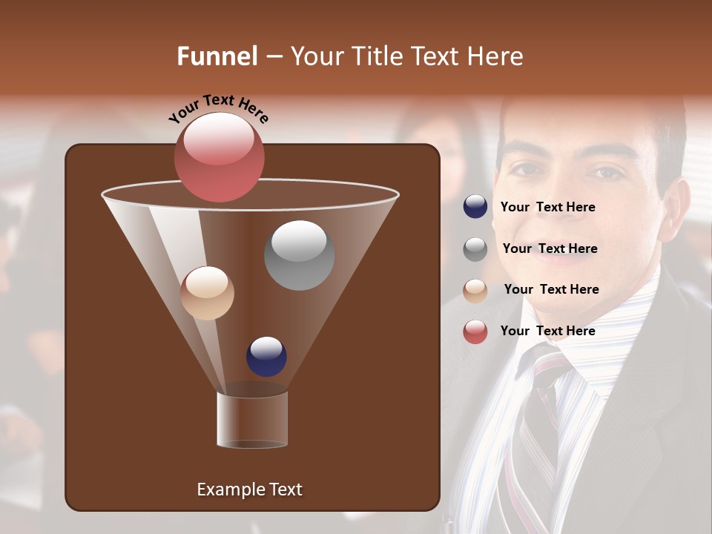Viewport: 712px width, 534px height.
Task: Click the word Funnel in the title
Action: (x=217, y=56)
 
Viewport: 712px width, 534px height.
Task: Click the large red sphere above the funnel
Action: (x=219, y=156)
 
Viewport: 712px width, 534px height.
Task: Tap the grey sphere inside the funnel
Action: (x=299, y=255)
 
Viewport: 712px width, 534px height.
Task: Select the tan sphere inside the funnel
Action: (x=207, y=293)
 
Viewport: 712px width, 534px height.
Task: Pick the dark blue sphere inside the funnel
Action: (x=266, y=357)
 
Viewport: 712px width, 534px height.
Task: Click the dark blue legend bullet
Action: (x=475, y=207)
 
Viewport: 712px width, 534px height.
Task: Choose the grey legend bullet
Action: (x=475, y=249)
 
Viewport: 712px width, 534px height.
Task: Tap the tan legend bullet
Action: (x=475, y=290)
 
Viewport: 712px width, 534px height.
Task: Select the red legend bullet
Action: (x=475, y=332)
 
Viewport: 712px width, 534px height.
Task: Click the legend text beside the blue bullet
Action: (x=547, y=207)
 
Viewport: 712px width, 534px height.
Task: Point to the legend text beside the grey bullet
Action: (x=550, y=248)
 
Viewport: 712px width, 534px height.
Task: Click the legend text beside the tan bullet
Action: (x=551, y=289)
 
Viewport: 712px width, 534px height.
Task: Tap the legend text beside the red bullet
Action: (x=547, y=331)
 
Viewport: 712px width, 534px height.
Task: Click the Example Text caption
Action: (x=249, y=489)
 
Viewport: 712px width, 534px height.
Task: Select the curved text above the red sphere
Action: (x=218, y=108)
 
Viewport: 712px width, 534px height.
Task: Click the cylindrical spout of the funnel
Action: (x=252, y=420)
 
